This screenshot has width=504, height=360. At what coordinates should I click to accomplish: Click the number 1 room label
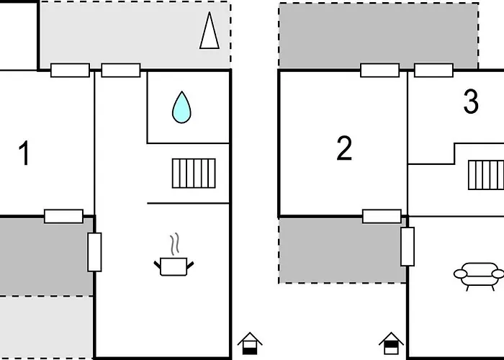click(24, 154)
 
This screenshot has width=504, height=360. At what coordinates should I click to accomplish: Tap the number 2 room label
click(344, 148)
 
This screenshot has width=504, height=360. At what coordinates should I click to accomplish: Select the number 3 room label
click(470, 103)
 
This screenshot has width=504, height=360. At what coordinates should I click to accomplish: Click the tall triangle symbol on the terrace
click(208, 31)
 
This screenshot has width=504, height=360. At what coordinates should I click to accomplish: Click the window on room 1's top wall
click(70, 70)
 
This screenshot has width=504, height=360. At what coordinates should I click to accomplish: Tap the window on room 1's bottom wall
click(63, 215)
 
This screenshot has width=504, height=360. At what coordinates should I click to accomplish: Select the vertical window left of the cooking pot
click(94, 252)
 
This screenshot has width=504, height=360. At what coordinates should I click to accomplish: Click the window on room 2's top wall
click(379, 70)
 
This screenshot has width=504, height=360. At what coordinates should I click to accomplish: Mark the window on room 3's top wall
click(433, 70)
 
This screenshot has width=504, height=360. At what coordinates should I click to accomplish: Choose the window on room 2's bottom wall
click(382, 215)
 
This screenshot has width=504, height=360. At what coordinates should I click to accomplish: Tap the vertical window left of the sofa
click(408, 246)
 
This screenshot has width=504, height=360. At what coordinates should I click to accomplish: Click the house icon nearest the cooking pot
click(250, 343)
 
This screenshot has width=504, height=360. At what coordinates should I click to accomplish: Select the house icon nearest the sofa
click(390, 343)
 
